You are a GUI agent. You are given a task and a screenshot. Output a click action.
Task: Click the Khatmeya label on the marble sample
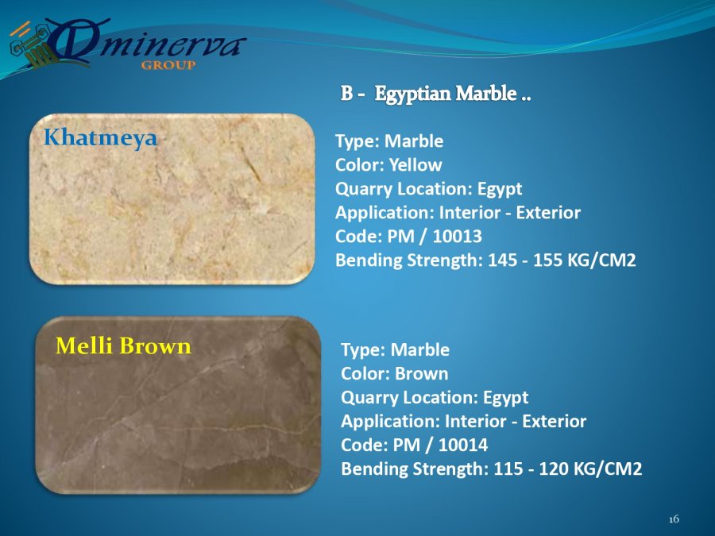pyautogui.click(x=100, y=138)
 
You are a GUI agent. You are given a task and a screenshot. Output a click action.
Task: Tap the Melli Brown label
pyautogui.click(x=123, y=345)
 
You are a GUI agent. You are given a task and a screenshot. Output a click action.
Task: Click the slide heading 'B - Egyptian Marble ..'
pyautogui.click(x=435, y=94)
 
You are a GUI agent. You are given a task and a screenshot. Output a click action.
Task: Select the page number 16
pyautogui.click(x=674, y=519)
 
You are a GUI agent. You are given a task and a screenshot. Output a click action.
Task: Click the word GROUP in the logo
pyautogui.click(x=168, y=65)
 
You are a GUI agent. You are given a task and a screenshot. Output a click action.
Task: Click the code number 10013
pyautogui.click(x=457, y=236)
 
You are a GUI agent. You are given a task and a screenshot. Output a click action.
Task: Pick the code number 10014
pyautogui.click(x=463, y=445)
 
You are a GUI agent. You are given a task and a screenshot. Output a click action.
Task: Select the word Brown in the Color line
pyautogui.click(x=421, y=374)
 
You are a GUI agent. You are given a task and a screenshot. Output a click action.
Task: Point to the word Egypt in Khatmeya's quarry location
pyautogui.click(x=500, y=189)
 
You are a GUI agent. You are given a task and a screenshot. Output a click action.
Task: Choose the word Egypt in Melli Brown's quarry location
pyautogui.click(x=505, y=398)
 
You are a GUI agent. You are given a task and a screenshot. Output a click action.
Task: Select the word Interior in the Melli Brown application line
pyautogui.click(x=476, y=421)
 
